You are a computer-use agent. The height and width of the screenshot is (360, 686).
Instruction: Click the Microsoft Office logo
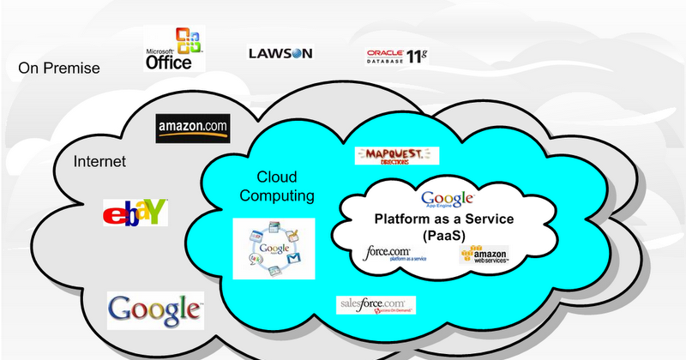coord(174,50)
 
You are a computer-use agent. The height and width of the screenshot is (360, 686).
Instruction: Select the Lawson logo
coord(280,53)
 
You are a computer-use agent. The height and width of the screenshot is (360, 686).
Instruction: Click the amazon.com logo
coord(193,129)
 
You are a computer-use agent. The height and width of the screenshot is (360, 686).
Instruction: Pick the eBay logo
coord(135,213)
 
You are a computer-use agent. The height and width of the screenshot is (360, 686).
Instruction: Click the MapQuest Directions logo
coord(396,155)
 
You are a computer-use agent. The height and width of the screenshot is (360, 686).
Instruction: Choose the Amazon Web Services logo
coord(484,258)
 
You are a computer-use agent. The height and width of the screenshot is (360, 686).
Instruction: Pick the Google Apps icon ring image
coord(274,248)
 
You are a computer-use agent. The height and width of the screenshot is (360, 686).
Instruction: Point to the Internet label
coord(100,161)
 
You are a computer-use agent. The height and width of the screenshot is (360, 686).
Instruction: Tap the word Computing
coord(276,196)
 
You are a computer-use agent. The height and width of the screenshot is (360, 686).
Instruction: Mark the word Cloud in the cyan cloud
coord(276,177)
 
